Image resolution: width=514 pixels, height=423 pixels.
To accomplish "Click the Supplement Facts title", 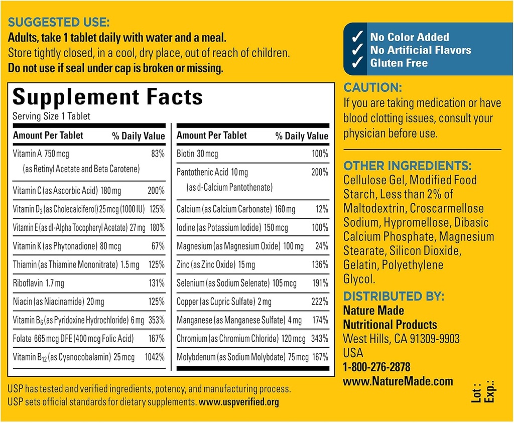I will point(107,97).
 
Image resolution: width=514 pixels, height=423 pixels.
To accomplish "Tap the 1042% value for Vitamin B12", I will point(155,357).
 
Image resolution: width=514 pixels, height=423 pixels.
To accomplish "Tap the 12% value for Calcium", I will point(322,209).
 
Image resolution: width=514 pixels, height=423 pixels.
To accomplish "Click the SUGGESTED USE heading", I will point(58,23).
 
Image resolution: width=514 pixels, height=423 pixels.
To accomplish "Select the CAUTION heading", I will point(372,88).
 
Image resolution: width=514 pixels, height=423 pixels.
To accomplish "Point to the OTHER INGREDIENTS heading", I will point(408,166).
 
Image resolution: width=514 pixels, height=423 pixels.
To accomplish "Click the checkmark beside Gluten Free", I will point(357,63).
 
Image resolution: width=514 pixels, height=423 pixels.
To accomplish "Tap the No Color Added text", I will point(409,37).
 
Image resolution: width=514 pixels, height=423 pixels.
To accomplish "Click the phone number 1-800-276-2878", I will point(376,367).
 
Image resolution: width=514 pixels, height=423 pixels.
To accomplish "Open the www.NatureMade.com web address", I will point(398,381).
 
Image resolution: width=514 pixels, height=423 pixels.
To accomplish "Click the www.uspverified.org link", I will point(239,402).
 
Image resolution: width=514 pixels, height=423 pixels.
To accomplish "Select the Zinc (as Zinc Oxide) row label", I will point(216,264).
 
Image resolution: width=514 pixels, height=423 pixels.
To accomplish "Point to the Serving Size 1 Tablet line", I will point(52,116).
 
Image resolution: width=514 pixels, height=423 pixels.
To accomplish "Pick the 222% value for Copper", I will point(319,302).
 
